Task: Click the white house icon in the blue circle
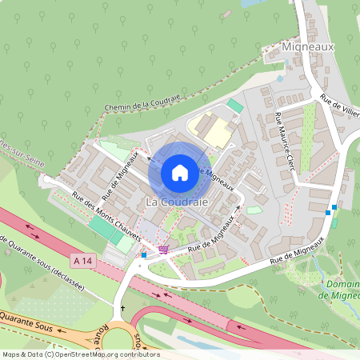click(x=179, y=172)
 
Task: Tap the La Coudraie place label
click(x=177, y=202)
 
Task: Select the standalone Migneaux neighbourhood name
click(x=308, y=47)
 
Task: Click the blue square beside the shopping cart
click(x=144, y=255)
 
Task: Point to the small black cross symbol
click(x=123, y=308)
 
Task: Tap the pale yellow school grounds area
click(x=210, y=130)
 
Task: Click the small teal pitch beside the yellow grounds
click(x=234, y=105)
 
